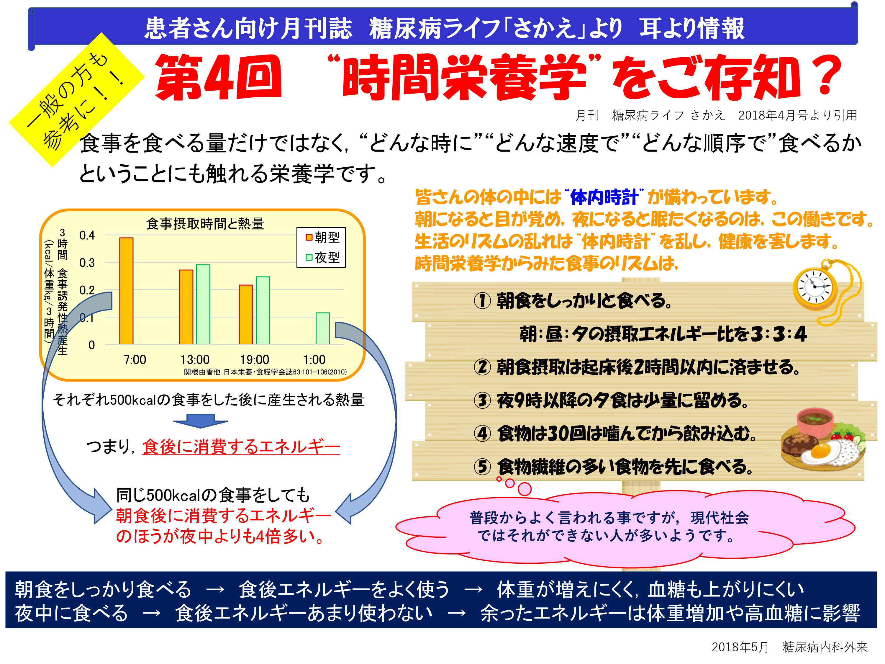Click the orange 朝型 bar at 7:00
(127, 291)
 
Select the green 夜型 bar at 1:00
(322, 328)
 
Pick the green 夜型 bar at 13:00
(203, 304)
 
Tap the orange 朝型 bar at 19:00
(246, 315)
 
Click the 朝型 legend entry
(322, 237)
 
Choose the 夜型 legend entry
(322, 257)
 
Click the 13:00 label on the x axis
(195, 359)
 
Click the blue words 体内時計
(604, 197)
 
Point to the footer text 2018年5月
(740, 647)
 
